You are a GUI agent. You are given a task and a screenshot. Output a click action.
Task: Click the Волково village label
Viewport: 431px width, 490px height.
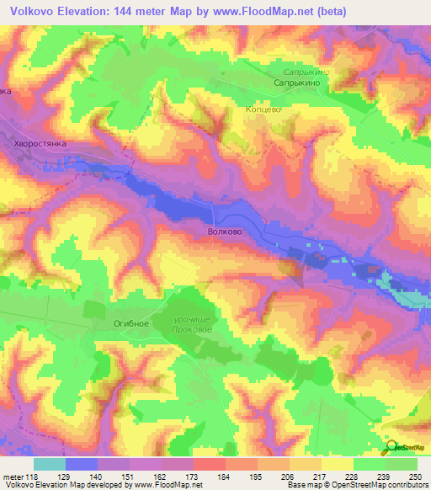pos(224,229)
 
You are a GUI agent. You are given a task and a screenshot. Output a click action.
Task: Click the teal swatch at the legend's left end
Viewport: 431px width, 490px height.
pos(49,464)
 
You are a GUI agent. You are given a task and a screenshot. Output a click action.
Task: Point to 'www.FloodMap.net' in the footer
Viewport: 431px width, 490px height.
pos(167,485)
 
